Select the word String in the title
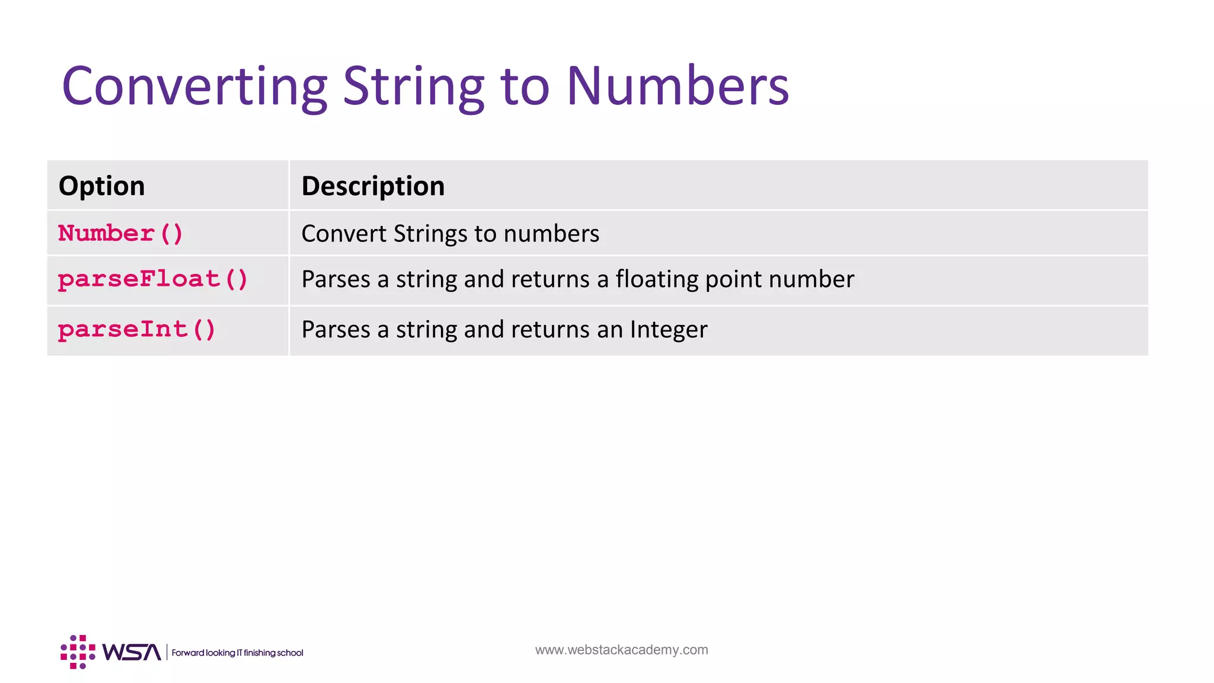point(413,87)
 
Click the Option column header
point(102,186)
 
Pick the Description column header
point(373,186)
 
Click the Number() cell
point(120,234)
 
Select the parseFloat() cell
point(153,279)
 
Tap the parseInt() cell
point(137,330)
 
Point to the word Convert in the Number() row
point(343,234)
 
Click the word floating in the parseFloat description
point(657,279)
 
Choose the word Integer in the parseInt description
point(669,330)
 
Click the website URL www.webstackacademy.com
point(621,650)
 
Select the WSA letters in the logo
point(131,652)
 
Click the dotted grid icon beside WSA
point(78,652)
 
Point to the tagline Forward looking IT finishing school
point(237,653)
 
